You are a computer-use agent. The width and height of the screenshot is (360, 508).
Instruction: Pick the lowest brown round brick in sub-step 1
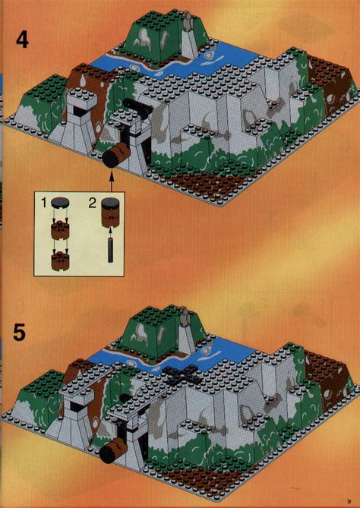[58, 260]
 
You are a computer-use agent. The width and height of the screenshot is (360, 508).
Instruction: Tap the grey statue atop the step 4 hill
[185, 24]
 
